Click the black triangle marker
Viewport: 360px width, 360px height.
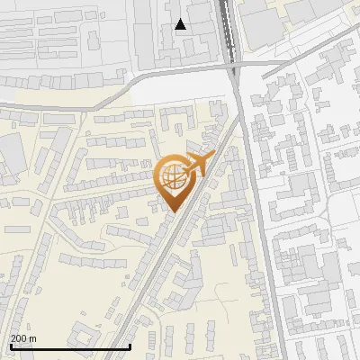181,25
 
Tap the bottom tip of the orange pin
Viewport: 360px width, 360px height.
172,211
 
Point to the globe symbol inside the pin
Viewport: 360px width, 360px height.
172,176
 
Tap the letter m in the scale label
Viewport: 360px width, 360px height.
34,338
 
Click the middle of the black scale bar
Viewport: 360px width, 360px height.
70,346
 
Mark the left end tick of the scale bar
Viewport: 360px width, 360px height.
10,346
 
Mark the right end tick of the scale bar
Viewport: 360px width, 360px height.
130,346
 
